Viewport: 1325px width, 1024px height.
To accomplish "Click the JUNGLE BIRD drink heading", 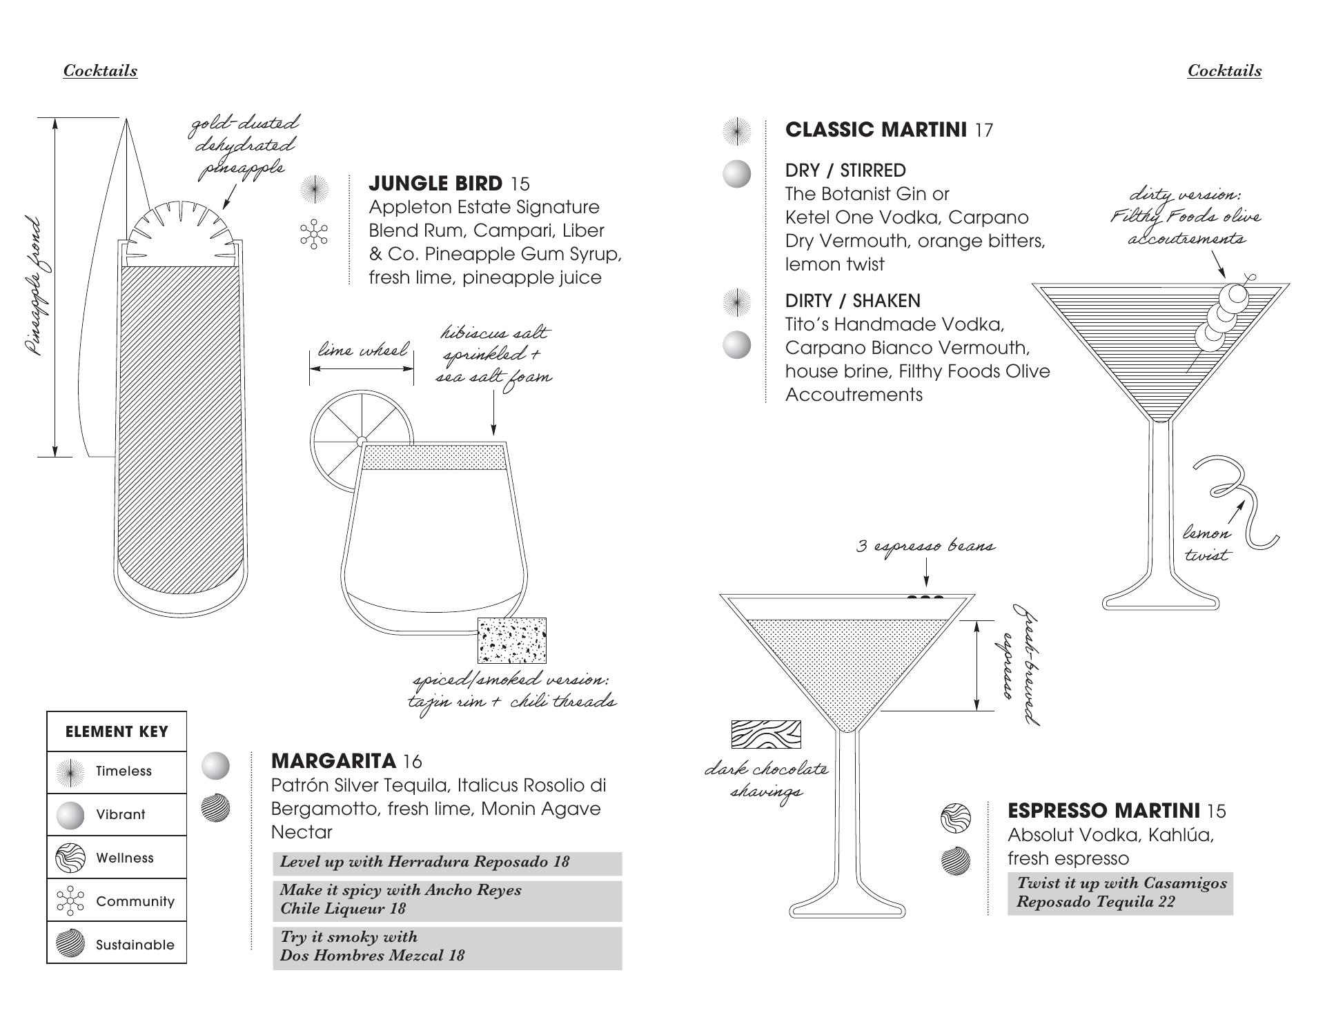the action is (x=435, y=184).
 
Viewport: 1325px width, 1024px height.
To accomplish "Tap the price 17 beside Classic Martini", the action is (x=984, y=130).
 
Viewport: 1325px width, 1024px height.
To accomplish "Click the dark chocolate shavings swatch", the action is (x=766, y=734).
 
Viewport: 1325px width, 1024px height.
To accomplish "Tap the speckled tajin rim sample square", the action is (x=512, y=640).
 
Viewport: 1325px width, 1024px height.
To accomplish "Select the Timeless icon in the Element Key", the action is (x=70, y=772).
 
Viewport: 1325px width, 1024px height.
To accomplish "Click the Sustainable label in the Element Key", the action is (x=135, y=945).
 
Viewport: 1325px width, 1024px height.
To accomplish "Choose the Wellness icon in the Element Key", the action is (x=70, y=858).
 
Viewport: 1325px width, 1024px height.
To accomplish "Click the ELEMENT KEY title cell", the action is (x=117, y=731).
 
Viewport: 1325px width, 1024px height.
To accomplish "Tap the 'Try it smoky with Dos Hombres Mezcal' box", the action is (x=447, y=948).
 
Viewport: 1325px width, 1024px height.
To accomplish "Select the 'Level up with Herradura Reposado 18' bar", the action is (x=447, y=863).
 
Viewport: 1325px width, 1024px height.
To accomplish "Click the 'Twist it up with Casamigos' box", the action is (x=1120, y=894).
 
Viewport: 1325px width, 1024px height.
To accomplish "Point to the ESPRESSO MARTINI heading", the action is (x=1103, y=810).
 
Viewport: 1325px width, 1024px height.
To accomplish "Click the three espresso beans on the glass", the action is (x=925, y=598).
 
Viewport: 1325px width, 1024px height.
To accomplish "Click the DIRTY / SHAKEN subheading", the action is (x=853, y=301).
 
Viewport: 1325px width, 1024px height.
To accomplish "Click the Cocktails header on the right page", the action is (x=1224, y=70).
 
